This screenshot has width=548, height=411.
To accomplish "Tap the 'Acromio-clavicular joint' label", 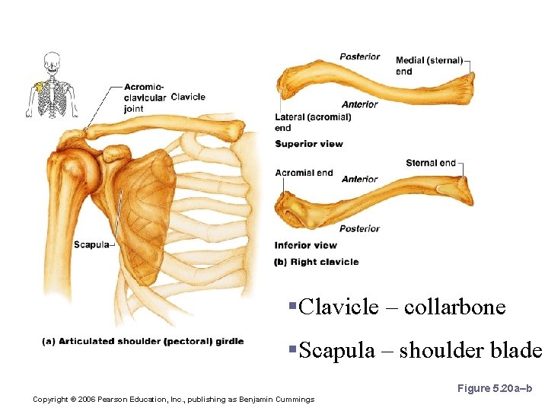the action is tap(145, 97).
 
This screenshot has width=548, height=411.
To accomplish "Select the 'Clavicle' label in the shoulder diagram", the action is tap(188, 97).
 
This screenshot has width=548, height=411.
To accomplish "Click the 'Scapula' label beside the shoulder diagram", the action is tap(91, 244).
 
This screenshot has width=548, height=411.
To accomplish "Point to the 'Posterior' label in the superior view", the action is tap(360, 56).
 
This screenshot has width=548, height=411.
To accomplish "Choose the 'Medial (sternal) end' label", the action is tap(428, 65).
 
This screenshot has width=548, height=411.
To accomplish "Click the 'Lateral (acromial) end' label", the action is tap(313, 123).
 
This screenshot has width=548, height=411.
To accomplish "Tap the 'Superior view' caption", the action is tap(308, 144).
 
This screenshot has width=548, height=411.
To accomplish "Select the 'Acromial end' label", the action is tap(304, 173).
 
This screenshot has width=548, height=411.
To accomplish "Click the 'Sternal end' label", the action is tap(430, 163).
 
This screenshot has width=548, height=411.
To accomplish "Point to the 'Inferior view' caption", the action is tap(305, 245).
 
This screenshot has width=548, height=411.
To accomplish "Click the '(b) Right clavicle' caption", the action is tap(316, 262).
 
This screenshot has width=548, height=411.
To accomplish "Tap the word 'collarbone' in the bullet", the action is tap(454, 307).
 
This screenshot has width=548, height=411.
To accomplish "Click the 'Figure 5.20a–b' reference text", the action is tap(494, 389).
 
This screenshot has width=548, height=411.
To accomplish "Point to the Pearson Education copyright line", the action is tap(174, 399).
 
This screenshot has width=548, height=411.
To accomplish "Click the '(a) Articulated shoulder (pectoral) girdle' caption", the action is tap(142, 341).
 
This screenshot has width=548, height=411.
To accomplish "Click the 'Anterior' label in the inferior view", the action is tap(360, 180).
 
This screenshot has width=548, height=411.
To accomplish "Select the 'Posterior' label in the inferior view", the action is tap(359, 228).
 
